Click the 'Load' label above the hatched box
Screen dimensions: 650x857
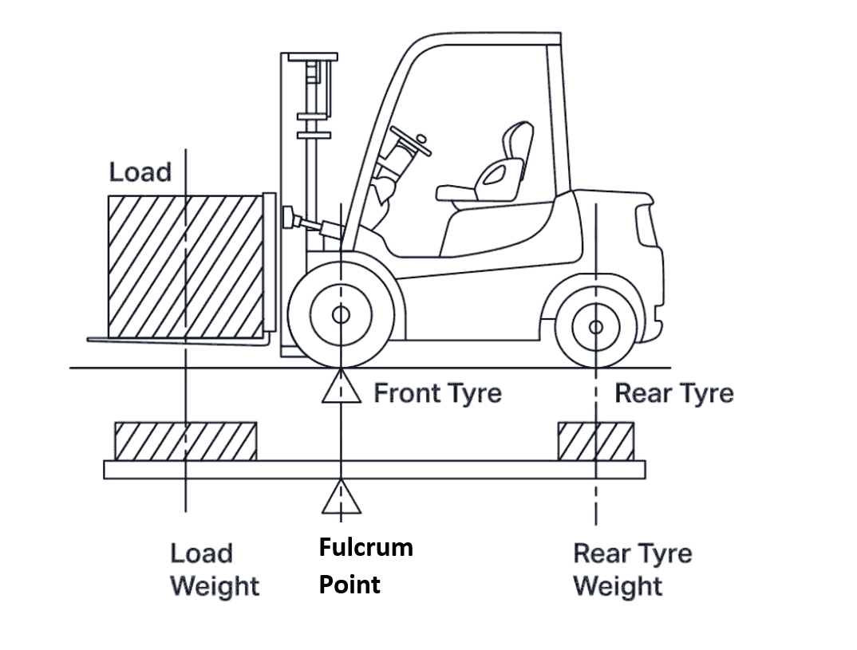pos(140,171)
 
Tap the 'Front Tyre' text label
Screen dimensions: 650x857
pos(437,393)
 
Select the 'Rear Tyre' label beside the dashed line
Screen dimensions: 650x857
pos(673,393)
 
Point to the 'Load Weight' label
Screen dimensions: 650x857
pos(214,570)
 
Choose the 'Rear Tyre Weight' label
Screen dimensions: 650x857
pos(632,570)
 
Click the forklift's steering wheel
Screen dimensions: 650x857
pos(410,141)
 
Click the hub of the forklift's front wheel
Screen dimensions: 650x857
pos(341,314)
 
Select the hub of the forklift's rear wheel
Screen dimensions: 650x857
pos(595,326)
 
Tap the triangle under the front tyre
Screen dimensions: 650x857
pos(341,387)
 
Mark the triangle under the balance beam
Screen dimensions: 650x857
pos(341,497)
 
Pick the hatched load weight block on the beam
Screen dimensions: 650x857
pos(185,441)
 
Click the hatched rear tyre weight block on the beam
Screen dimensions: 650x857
pos(596,441)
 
